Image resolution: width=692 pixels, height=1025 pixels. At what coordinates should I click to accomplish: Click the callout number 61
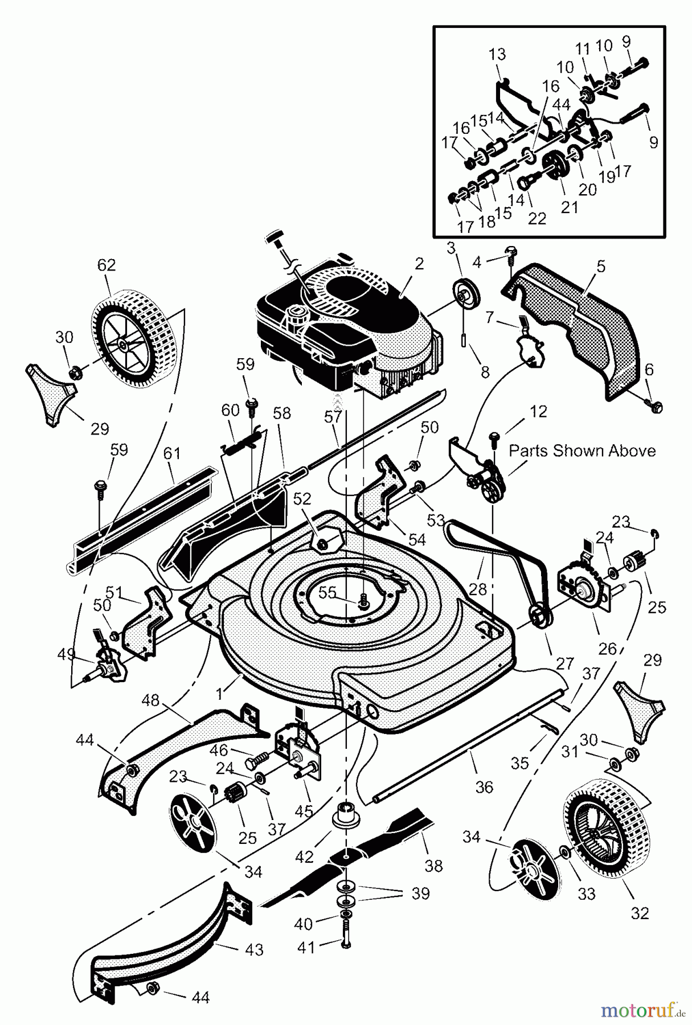point(171,454)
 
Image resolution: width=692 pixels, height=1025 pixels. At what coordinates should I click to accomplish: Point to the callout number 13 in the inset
point(497,55)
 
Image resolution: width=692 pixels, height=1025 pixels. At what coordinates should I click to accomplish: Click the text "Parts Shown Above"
point(582,451)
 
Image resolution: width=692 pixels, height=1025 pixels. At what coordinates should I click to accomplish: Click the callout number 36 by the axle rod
point(484,787)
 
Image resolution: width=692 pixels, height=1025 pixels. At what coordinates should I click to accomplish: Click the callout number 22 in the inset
point(537,218)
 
